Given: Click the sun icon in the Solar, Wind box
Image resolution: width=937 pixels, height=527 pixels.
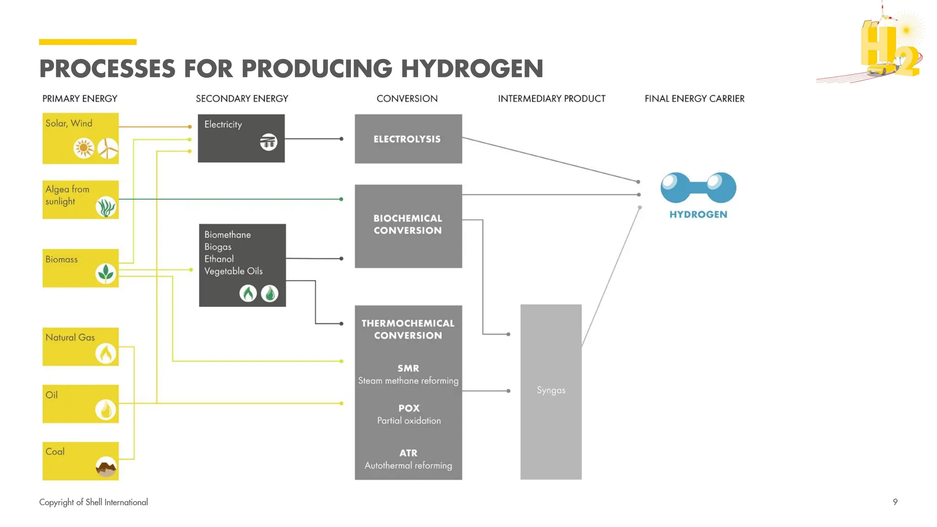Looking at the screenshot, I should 84,148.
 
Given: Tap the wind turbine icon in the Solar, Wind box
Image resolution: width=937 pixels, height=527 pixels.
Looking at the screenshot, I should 108,148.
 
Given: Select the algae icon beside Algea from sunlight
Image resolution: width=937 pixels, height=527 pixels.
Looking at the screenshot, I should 106,207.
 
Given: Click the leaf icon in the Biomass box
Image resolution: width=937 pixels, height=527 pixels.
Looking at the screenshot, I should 106,274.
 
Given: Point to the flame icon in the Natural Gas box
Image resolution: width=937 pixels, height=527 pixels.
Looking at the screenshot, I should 106,353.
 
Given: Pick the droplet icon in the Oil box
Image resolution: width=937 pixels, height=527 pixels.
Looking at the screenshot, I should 106,410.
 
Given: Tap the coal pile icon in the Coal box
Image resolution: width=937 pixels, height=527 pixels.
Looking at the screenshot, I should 106,467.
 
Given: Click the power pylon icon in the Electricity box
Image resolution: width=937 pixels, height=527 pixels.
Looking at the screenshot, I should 269,142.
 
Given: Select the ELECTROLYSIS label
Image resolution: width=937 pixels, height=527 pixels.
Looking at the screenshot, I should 407,139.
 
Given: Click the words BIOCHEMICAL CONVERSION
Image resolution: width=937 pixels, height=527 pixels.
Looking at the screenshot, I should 408,225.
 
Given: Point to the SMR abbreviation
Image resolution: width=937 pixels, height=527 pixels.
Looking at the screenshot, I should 408,368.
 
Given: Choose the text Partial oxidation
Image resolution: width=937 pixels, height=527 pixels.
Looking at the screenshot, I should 409,421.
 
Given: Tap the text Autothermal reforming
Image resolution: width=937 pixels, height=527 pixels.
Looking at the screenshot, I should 408,466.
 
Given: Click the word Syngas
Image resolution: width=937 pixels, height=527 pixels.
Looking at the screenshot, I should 551,390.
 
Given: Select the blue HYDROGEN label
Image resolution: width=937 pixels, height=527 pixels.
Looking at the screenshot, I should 698,215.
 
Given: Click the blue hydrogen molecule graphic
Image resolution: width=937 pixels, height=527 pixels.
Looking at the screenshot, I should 698,188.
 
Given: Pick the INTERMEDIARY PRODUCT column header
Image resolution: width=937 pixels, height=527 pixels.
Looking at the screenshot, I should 551,99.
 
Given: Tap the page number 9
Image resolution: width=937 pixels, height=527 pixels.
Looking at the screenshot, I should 895,502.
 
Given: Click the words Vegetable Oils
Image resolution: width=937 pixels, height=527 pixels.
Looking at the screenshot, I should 233,271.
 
